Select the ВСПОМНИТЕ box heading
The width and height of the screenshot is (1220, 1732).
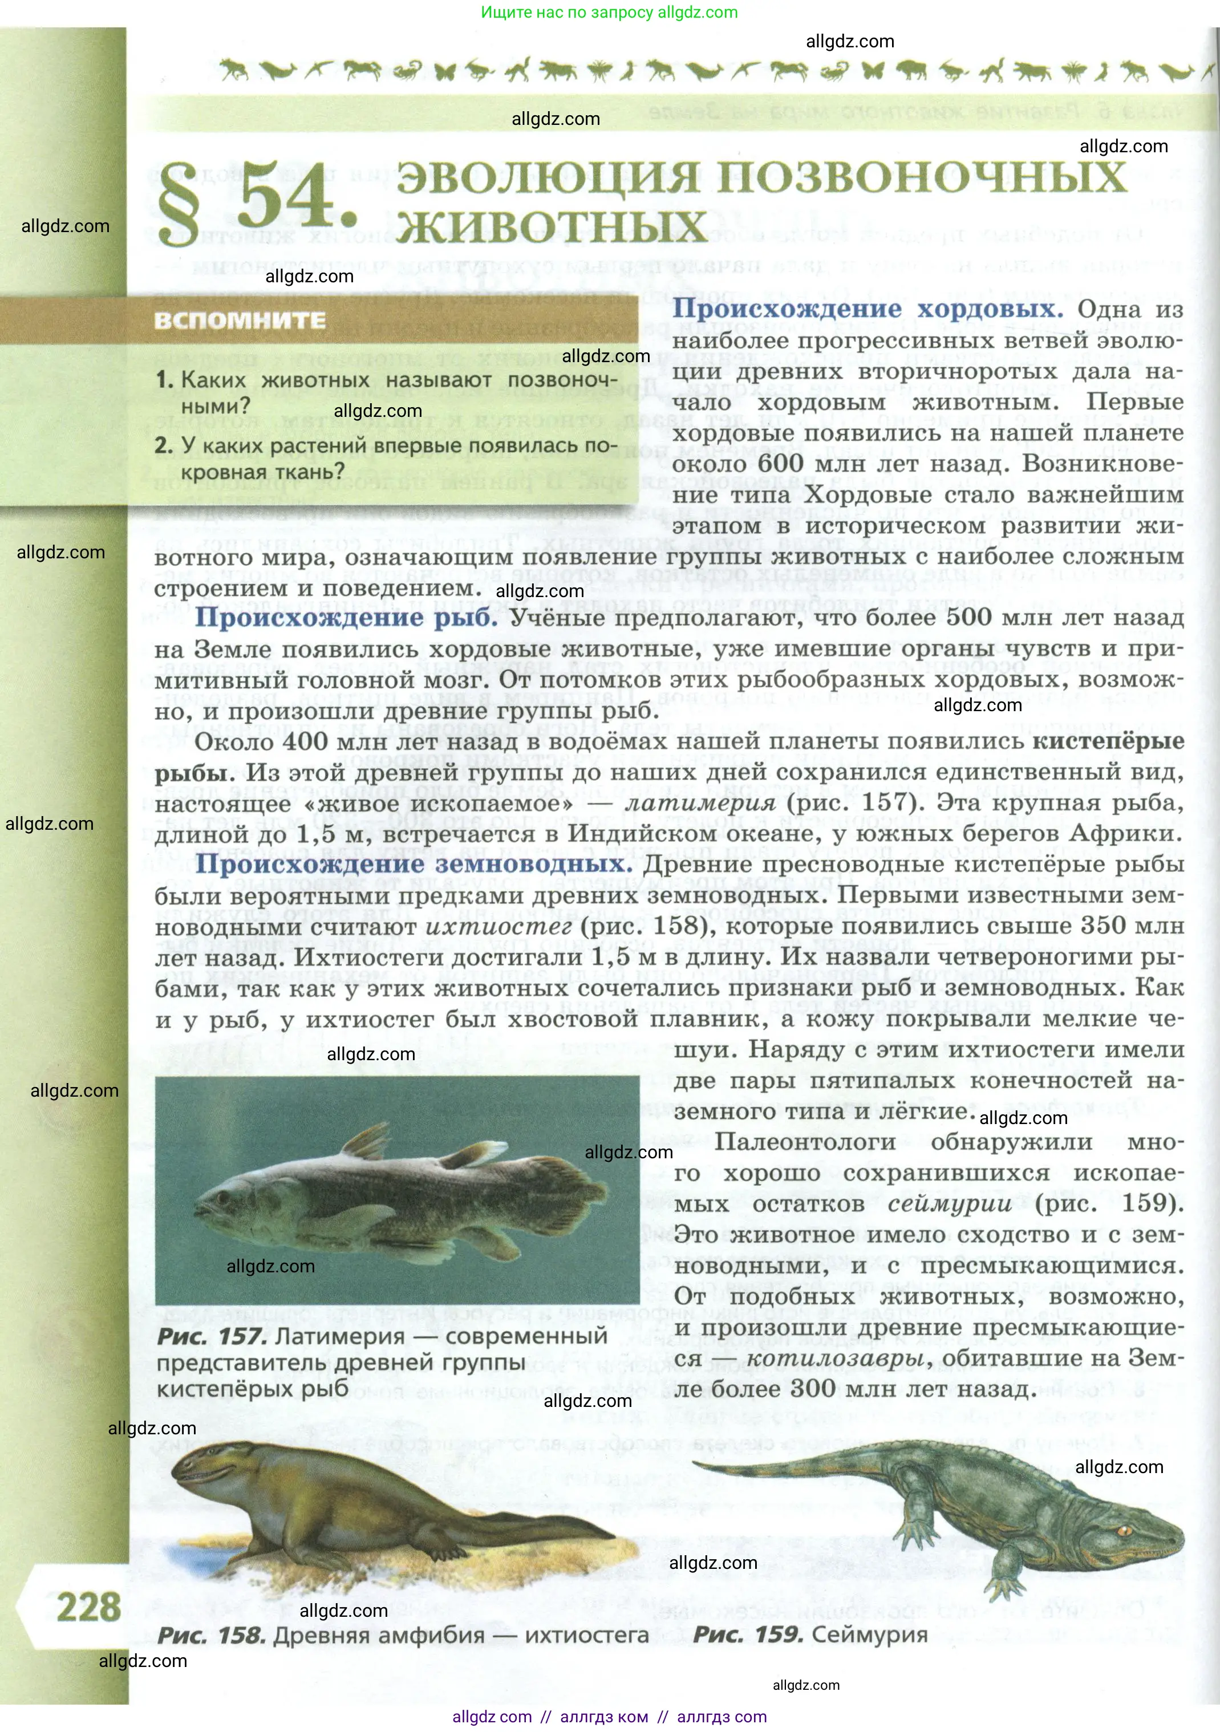[240, 321]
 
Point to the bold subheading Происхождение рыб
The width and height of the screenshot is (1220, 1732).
[346, 618]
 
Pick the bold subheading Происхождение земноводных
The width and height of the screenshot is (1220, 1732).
[414, 865]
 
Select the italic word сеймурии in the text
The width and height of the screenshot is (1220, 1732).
[949, 1203]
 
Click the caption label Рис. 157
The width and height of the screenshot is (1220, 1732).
[211, 1336]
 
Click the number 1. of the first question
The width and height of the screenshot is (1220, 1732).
[164, 380]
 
